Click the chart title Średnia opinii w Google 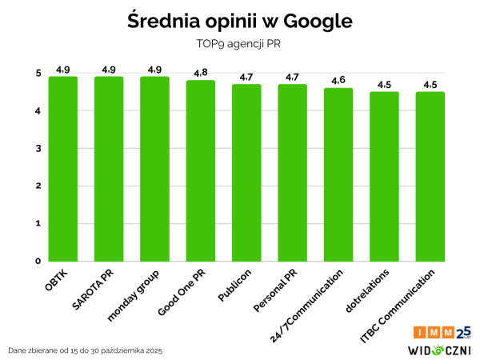point(240,22)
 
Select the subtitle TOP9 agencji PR point(240,44)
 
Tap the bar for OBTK point(63,168)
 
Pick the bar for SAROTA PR point(109,168)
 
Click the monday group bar point(154,168)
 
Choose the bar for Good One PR point(201,170)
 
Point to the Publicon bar point(246,172)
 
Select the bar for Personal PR point(292,172)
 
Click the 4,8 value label point(201,74)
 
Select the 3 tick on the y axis point(38,149)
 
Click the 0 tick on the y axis point(38,261)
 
